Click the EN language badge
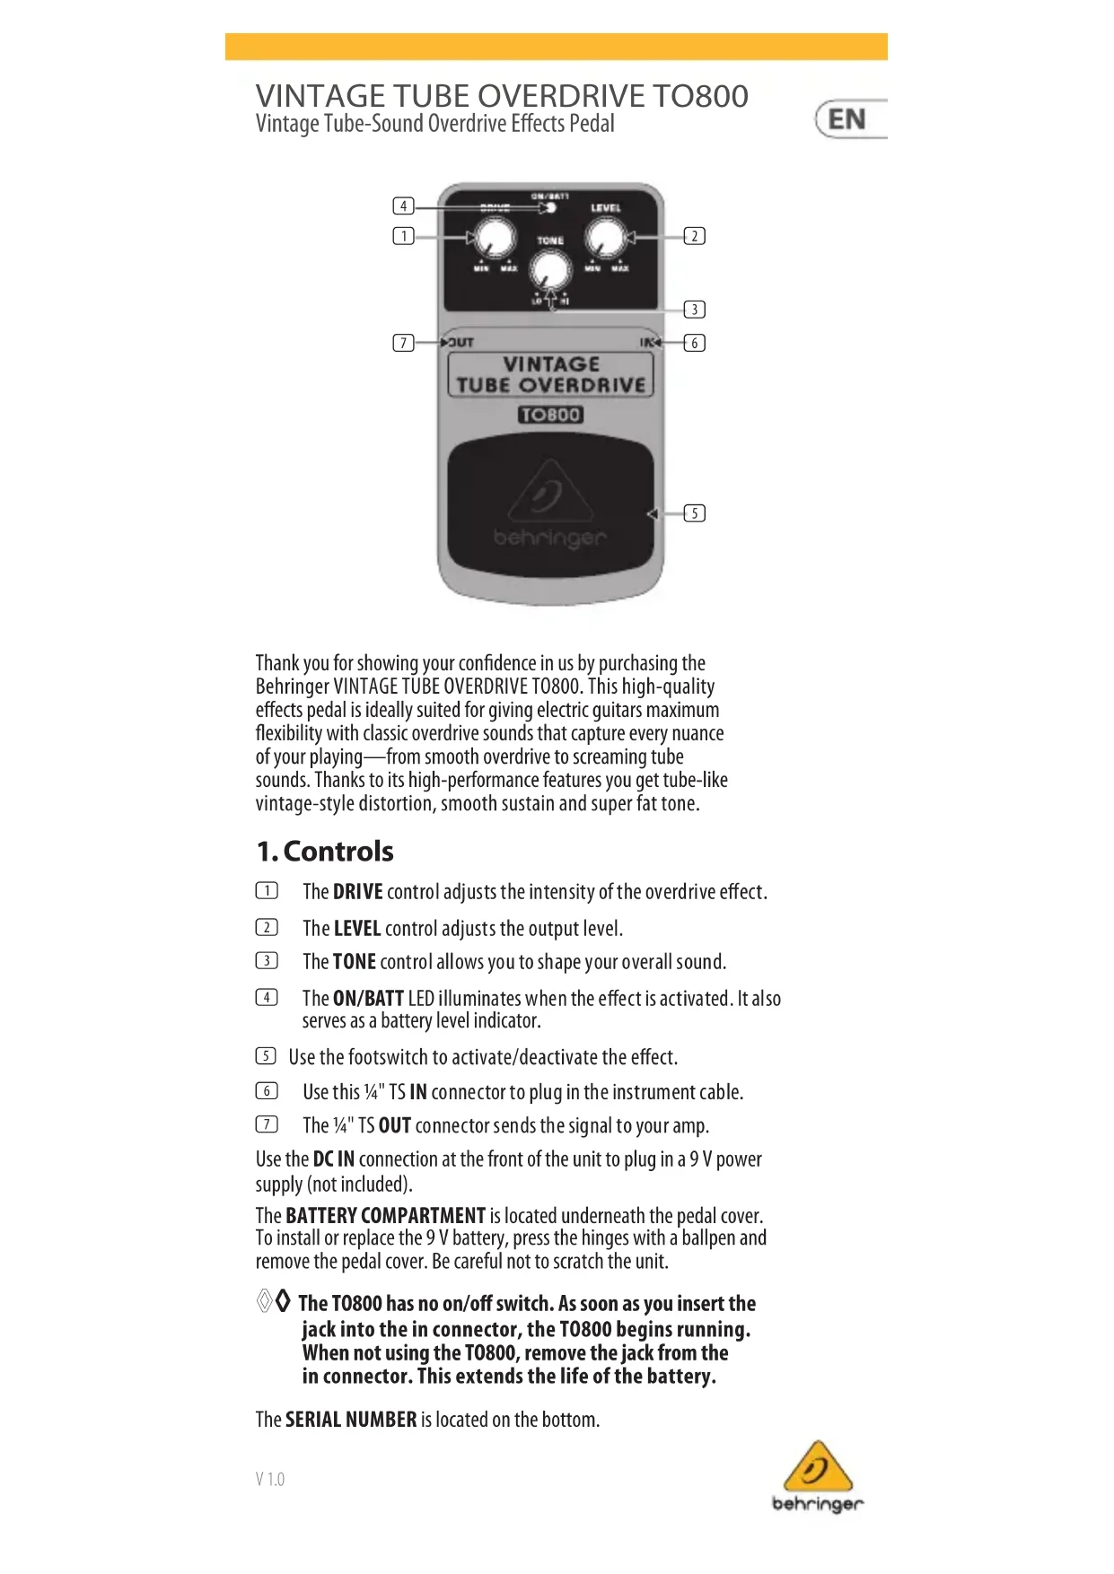847,119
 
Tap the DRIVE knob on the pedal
495,239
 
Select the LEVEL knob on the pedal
605,239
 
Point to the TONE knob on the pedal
549,270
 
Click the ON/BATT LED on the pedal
551,208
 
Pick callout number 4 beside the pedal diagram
404,206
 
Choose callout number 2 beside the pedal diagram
694,236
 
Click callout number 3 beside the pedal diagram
694,310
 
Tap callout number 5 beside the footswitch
694,513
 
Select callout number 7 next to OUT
404,343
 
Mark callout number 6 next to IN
694,343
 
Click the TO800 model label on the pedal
550,415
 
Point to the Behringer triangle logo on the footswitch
550,493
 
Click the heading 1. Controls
325,851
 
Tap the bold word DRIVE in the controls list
357,892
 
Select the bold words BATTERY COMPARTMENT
385,1216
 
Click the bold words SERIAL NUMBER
351,1420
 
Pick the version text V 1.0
269,1479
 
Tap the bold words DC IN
333,1159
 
